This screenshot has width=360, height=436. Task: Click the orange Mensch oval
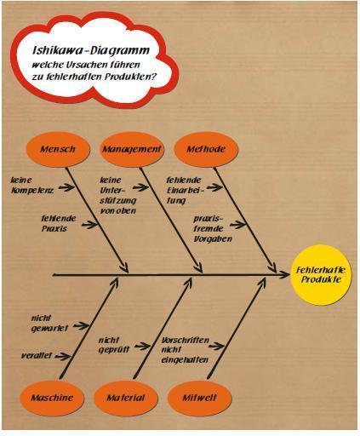tap(58, 149)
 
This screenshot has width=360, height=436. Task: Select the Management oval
tap(132, 149)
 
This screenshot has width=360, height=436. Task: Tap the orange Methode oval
tap(206, 149)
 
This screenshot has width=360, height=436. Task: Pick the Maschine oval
tap(52, 398)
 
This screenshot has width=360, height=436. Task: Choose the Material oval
tap(126, 398)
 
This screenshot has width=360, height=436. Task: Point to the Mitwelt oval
tap(200, 398)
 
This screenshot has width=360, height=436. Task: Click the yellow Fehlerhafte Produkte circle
tap(321, 275)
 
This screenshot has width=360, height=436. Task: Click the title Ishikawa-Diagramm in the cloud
tap(91, 50)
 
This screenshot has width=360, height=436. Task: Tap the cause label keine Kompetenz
tap(32, 186)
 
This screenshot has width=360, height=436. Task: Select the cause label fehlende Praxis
tap(59, 223)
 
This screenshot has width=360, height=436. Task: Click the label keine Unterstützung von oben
tap(118, 196)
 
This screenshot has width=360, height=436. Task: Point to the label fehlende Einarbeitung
tap(185, 191)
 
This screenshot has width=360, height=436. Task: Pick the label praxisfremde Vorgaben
tap(213, 229)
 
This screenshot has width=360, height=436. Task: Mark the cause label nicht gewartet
tap(49, 324)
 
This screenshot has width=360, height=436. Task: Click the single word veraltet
tap(37, 355)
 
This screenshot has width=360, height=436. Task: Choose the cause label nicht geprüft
tap(114, 345)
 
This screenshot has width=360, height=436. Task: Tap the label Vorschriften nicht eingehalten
tap(186, 350)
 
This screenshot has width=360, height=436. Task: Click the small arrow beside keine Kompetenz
tap(67, 187)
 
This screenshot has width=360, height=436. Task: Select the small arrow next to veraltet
tap(63, 357)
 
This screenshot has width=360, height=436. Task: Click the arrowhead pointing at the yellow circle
tap(283, 275)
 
